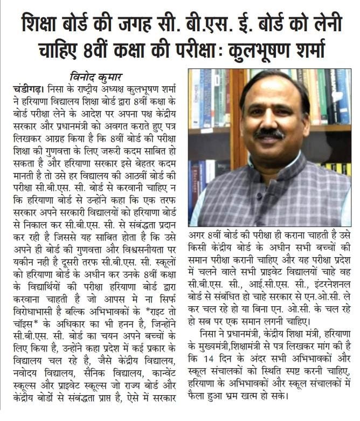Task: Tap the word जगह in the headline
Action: point(141,23)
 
